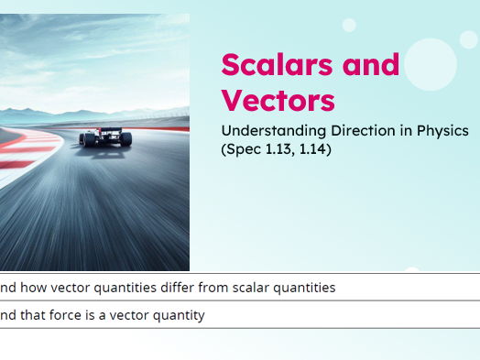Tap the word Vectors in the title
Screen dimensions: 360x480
[278, 100]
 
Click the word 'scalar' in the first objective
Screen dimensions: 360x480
[256, 288]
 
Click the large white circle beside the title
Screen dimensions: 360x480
[430, 64]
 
